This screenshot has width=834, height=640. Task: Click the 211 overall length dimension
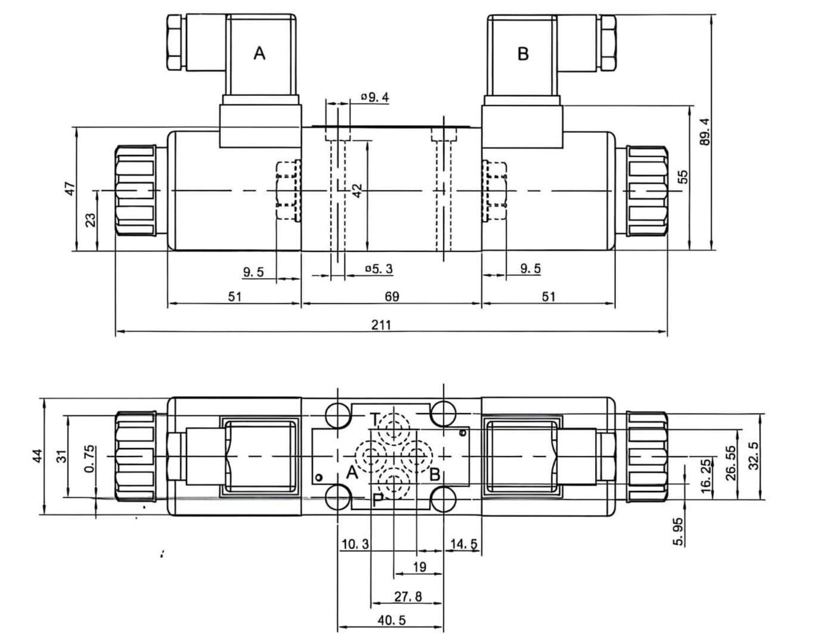click(x=381, y=324)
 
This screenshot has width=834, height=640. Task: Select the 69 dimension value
click(x=391, y=296)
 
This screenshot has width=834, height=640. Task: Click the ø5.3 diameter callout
click(x=379, y=269)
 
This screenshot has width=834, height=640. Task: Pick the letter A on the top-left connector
click(x=259, y=54)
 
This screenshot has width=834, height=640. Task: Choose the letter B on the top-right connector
click(x=523, y=54)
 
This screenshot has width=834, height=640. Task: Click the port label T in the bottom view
click(x=374, y=420)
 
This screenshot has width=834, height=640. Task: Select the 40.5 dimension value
click(x=391, y=620)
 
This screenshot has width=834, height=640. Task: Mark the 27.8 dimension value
click(x=408, y=596)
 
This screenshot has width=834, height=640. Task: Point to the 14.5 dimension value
click(x=463, y=543)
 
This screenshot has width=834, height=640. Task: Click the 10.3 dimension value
click(x=355, y=543)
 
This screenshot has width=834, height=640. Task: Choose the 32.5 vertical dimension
click(x=754, y=455)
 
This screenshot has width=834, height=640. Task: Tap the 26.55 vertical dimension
click(x=732, y=462)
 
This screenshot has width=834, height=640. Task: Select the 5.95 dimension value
click(x=678, y=531)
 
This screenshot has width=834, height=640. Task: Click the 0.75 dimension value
click(x=89, y=459)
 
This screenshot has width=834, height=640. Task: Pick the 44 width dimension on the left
click(x=38, y=456)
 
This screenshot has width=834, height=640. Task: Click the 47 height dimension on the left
click(x=70, y=188)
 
